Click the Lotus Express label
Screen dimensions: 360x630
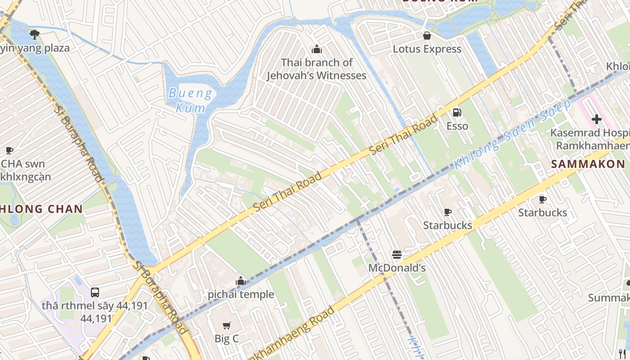pos(427,49)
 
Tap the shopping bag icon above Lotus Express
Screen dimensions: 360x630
pos(427,36)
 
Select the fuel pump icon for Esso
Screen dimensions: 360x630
pos(457,112)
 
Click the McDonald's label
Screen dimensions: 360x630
pos(397,268)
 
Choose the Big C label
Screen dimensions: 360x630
pos(226,339)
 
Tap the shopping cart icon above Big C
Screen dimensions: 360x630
pos(227,325)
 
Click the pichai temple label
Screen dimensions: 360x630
pos(241,295)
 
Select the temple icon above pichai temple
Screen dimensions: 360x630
pos(241,281)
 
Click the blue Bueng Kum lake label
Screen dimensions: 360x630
pos(190,100)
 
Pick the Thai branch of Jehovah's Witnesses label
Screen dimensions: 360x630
pos(316,69)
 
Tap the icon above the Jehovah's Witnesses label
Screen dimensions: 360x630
pos(317,49)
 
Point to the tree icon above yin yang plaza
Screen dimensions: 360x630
pos(34,34)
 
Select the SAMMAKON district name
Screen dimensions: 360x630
pos(588,164)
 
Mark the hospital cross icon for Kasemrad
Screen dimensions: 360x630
pos(597,119)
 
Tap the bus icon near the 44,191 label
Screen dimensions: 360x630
pos(95,292)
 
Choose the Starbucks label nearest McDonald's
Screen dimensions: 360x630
pos(447,225)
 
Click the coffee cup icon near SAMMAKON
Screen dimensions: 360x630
pos(543,199)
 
